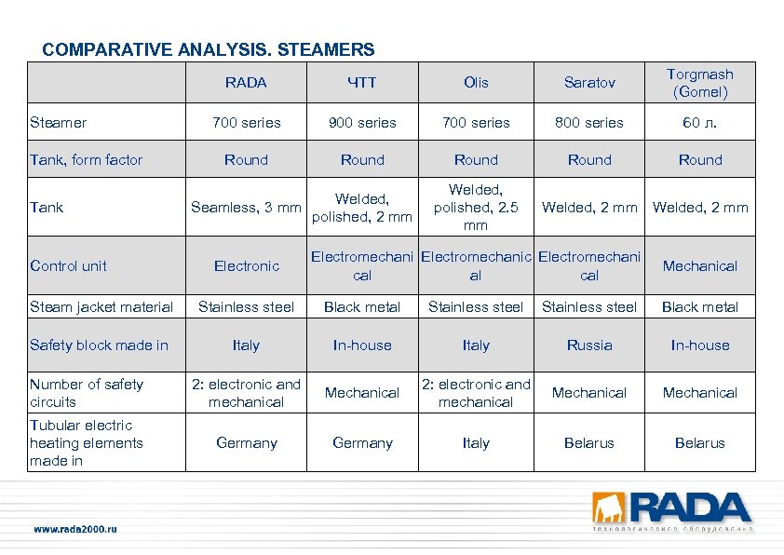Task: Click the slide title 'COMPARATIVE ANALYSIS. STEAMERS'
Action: pyautogui.click(x=209, y=49)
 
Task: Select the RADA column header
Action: pyautogui.click(x=246, y=83)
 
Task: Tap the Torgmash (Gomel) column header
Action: pyautogui.click(x=700, y=83)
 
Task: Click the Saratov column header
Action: pyautogui.click(x=589, y=83)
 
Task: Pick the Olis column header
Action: pyautogui.click(x=476, y=83)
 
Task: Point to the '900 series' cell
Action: pyautogui.click(x=362, y=122)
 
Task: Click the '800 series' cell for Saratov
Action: pyautogui.click(x=589, y=122)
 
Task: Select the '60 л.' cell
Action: pyautogui.click(x=700, y=122)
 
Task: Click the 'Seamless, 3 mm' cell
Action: pyautogui.click(x=246, y=208)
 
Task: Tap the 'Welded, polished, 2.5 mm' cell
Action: pyautogui.click(x=476, y=207)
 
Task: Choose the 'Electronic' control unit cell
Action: pyautogui.click(x=246, y=266)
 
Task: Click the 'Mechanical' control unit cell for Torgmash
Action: pyautogui.click(x=700, y=266)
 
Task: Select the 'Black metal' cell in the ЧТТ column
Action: pyautogui.click(x=362, y=307)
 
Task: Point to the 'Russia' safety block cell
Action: pyautogui.click(x=589, y=345)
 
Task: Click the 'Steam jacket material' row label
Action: pyautogui.click(x=101, y=307)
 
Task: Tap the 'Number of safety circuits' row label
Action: pyautogui.click(x=87, y=393)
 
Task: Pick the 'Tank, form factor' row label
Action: pyautogui.click(x=87, y=160)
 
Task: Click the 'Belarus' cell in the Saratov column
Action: pyautogui.click(x=589, y=443)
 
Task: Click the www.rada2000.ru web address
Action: pyautogui.click(x=75, y=529)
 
